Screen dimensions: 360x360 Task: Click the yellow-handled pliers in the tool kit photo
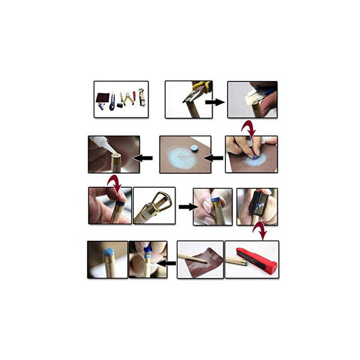(x=129, y=98)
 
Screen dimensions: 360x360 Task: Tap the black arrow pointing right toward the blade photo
(x=215, y=102)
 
